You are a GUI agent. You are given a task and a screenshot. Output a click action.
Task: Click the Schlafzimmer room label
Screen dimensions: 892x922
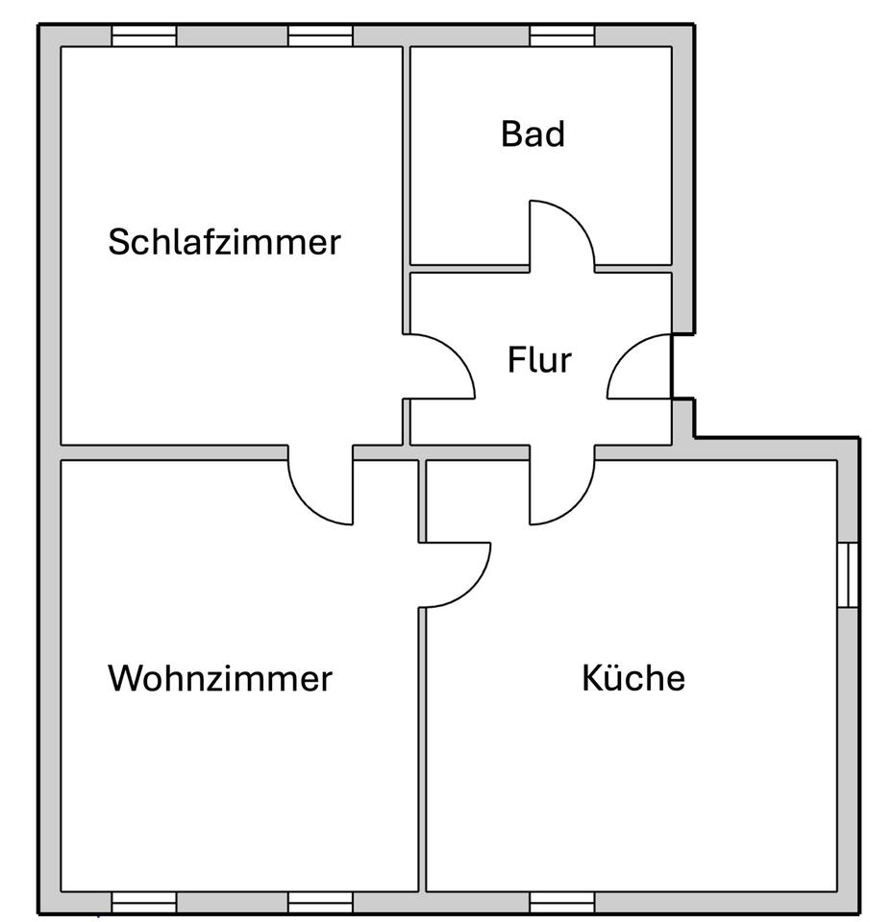[x=224, y=241]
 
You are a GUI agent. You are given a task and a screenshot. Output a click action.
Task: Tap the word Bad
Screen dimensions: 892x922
[x=533, y=134]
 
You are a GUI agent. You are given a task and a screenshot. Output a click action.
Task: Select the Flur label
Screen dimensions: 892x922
[x=539, y=361]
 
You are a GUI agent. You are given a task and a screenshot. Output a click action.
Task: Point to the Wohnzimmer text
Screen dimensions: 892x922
[x=220, y=678]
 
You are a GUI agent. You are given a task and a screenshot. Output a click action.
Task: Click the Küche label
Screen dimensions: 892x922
[x=633, y=678]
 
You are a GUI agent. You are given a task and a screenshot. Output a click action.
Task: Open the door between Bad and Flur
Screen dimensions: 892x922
[x=561, y=235]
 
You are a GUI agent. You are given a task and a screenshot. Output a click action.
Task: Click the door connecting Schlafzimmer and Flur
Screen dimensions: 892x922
[x=440, y=366]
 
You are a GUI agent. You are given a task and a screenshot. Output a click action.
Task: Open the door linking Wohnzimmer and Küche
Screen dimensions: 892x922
[x=455, y=574]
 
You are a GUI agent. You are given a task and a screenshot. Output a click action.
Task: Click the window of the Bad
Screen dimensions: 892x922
[x=562, y=36]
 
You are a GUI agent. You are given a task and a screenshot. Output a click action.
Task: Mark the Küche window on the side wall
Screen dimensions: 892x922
[x=847, y=574]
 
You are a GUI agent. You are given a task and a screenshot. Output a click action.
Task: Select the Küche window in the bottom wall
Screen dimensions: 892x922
[x=562, y=902]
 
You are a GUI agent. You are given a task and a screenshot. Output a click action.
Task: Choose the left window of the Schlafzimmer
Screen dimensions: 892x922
[x=144, y=36]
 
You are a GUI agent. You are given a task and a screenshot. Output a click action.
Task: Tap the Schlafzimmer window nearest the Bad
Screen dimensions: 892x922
[x=321, y=36]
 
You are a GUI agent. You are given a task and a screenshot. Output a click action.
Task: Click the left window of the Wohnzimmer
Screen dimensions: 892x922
[x=144, y=902]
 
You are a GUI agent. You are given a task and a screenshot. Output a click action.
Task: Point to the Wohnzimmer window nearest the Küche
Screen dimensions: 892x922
[x=321, y=902]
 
